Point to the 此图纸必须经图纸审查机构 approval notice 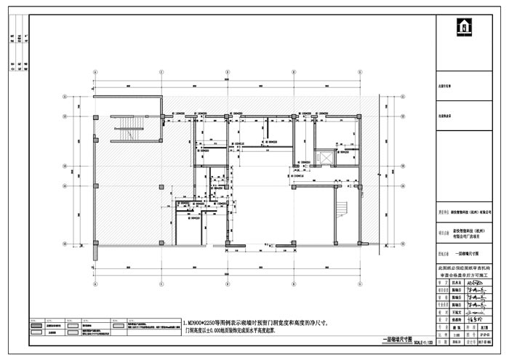click(469, 268)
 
